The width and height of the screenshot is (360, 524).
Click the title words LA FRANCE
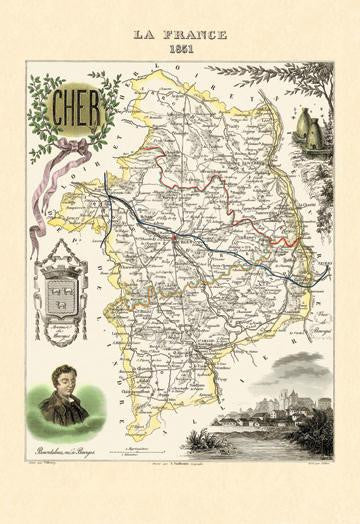pos(181,34)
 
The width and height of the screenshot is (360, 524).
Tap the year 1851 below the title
pos(181,48)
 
